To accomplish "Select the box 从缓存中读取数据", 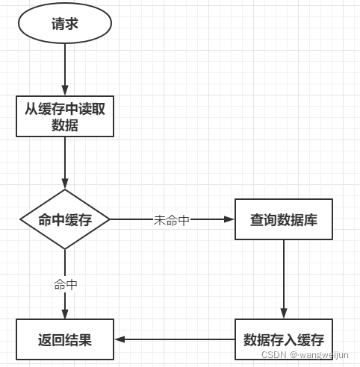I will click(x=65, y=116).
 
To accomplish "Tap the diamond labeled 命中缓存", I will click(x=65, y=219).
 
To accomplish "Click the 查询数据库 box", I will click(x=283, y=219).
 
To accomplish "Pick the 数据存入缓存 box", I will click(x=283, y=340).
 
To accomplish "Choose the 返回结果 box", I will click(x=65, y=340).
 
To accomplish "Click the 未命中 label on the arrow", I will click(x=171, y=220).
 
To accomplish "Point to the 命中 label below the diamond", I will click(x=65, y=284).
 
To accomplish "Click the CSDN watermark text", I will click(x=273, y=356).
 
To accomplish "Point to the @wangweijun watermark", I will click(x=320, y=356).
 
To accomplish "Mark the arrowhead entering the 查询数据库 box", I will click(x=229, y=219).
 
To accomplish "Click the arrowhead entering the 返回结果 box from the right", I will click(x=120, y=340).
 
